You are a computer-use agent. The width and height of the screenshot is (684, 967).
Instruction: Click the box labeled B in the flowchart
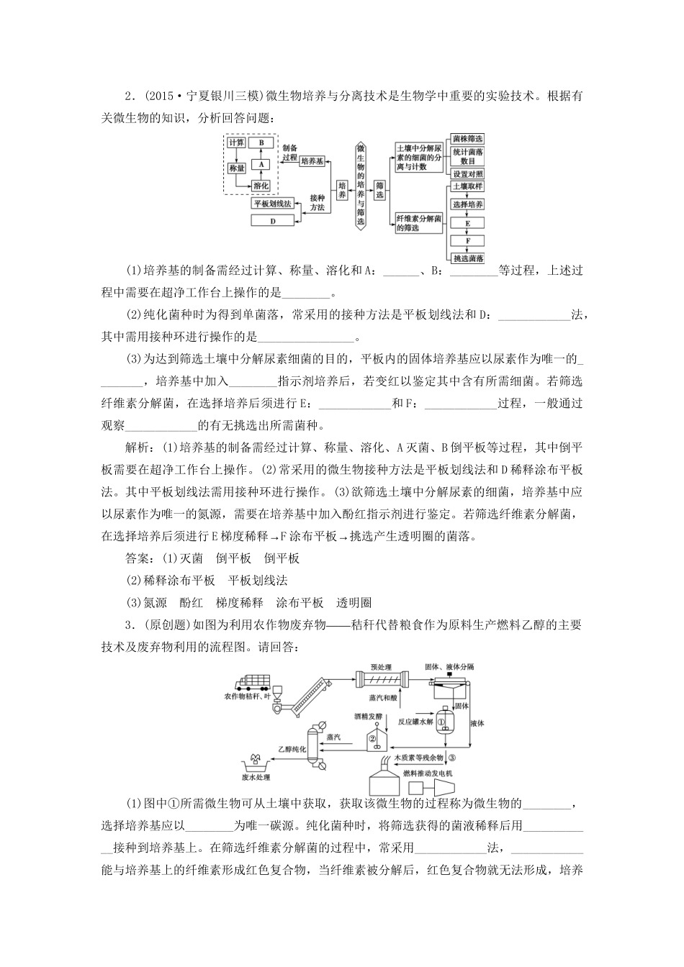[261, 142]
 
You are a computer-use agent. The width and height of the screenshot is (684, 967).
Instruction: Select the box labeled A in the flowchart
[261, 164]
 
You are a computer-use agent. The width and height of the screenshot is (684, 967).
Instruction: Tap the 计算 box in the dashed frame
[236, 142]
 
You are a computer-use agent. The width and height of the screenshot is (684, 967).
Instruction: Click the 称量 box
[236, 168]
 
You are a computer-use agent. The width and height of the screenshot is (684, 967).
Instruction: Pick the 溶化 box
[261, 186]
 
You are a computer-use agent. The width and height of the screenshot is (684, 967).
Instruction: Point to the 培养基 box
[312, 161]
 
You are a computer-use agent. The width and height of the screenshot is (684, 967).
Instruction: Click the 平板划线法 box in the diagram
[272, 204]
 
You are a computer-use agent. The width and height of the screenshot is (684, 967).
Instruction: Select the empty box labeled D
[272, 221]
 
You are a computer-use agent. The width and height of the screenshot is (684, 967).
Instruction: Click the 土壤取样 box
[467, 186]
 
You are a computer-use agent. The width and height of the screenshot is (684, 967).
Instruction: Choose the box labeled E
[467, 223]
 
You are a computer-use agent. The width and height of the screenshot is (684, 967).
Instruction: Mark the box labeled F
[467, 240]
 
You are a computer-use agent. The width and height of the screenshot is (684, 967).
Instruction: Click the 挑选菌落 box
[467, 258]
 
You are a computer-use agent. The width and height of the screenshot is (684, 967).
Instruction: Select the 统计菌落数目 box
[467, 156]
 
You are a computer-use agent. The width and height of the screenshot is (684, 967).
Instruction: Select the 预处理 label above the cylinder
[379, 667]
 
